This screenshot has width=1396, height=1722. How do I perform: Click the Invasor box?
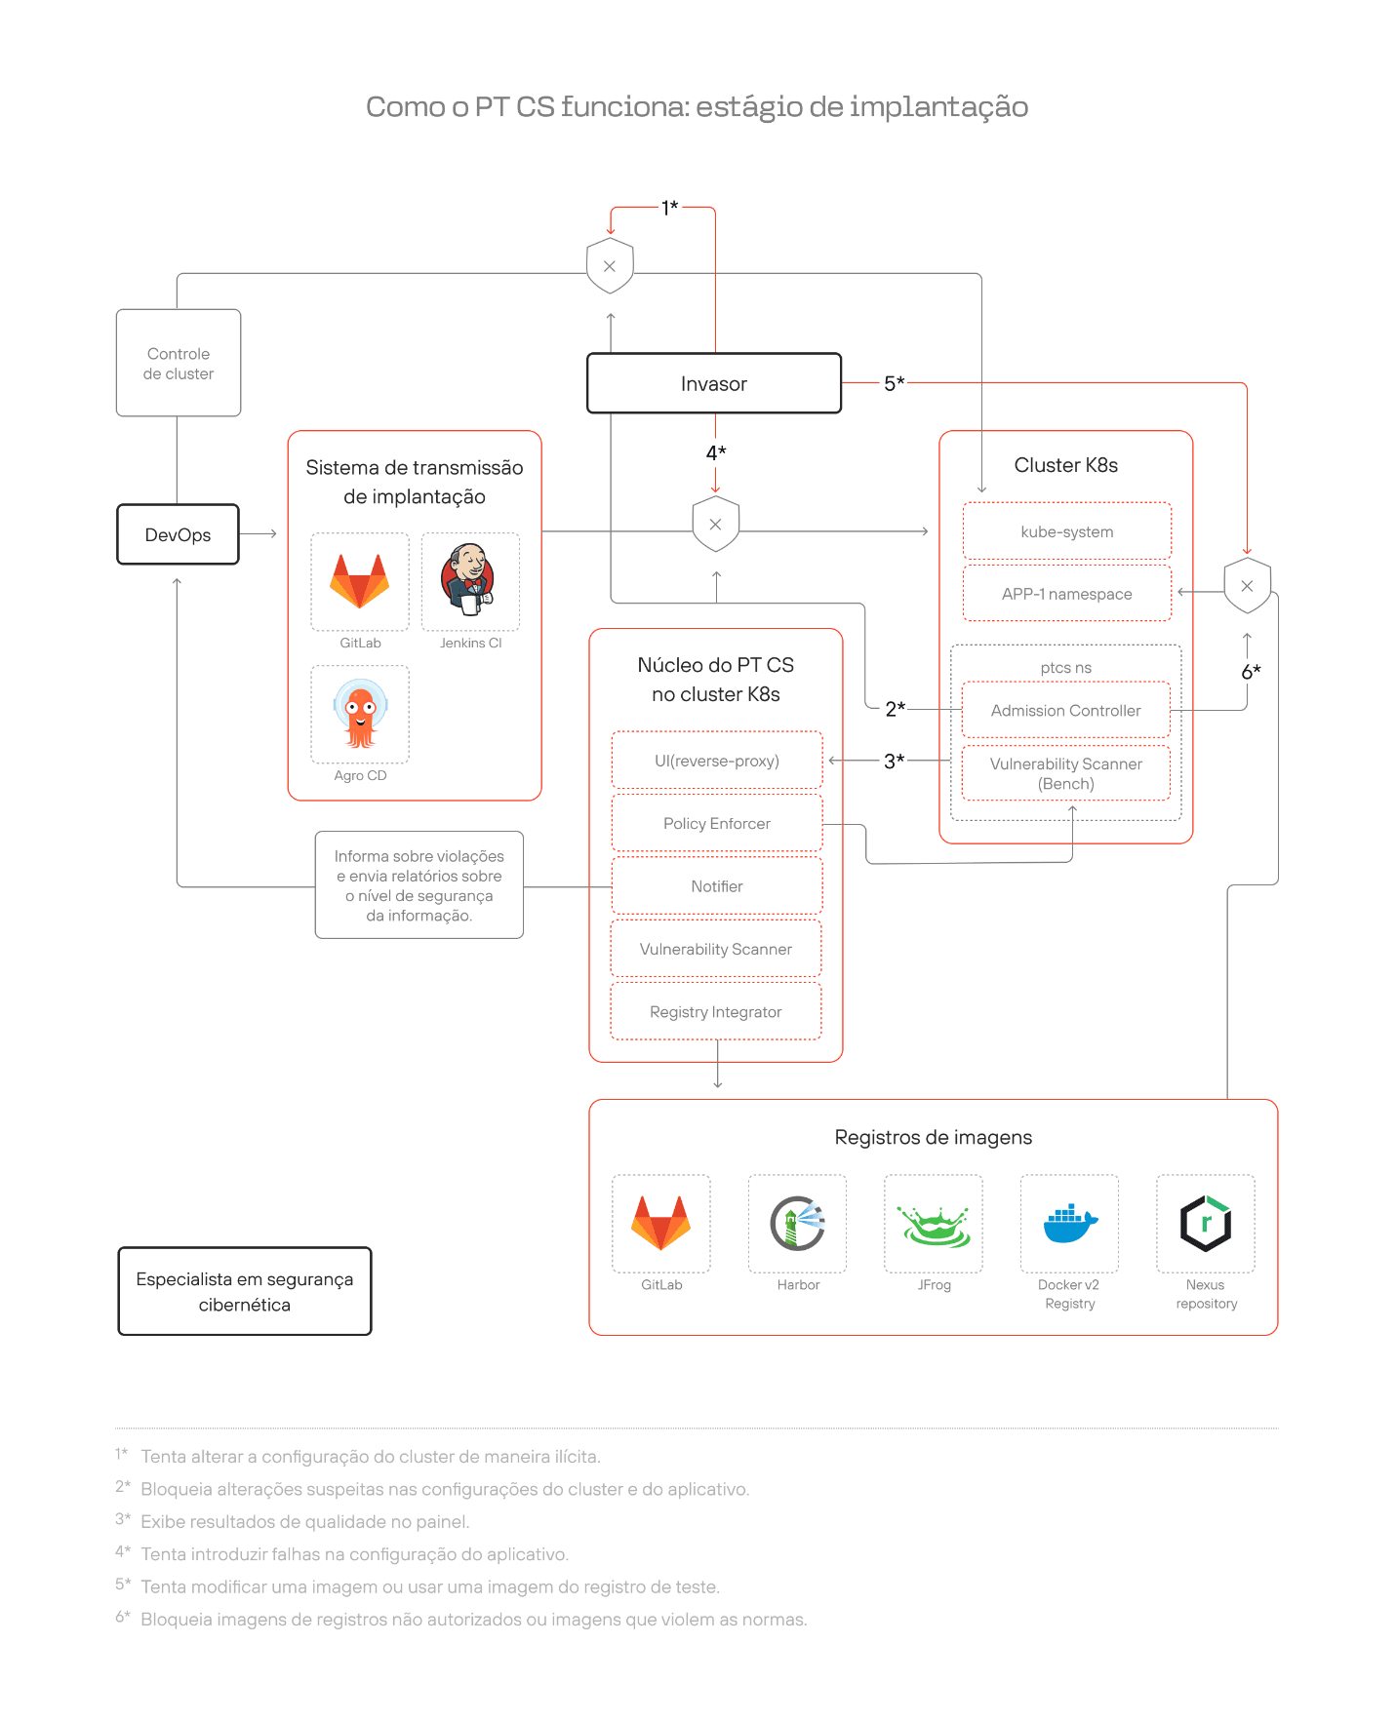[x=714, y=383]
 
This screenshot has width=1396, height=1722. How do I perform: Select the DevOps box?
[x=178, y=534]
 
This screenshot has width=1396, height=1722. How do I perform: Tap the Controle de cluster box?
[x=179, y=363]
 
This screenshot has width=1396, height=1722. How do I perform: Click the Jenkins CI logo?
[x=470, y=580]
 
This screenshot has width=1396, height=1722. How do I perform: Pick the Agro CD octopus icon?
[x=360, y=714]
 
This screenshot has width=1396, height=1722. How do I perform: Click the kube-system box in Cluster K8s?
[x=1067, y=531]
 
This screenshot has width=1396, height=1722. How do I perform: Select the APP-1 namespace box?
[x=1067, y=594]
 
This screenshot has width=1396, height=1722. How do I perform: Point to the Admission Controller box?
[x=1066, y=710]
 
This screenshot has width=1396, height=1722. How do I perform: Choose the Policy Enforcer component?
[x=717, y=823]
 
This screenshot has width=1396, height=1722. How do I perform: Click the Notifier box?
[x=717, y=886]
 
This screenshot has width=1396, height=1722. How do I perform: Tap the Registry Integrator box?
[x=716, y=1012]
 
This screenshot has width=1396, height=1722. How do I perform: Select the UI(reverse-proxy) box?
[x=717, y=761]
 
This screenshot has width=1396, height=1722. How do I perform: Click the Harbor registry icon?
[x=797, y=1223]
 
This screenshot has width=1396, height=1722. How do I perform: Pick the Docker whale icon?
[x=1070, y=1223]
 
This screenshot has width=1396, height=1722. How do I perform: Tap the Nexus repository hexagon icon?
[x=1206, y=1223]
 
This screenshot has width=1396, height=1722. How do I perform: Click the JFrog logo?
[x=935, y=1226]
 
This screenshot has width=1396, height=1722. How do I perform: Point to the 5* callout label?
[x=895, y=383]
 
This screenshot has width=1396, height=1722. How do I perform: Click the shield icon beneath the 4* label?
[x=715, y=525]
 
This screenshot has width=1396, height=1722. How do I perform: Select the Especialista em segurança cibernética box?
[x=245, y=1291]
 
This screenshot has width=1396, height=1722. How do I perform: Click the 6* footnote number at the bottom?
[x=123, y=1617]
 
